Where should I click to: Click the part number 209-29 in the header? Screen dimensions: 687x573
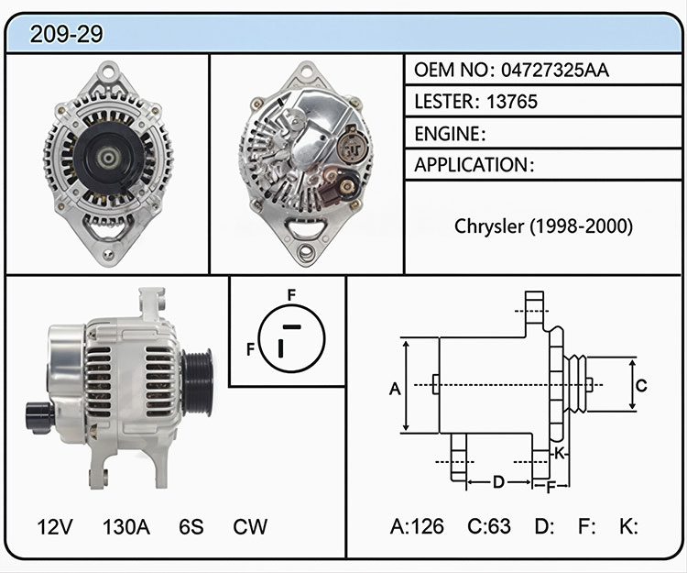point(66,34)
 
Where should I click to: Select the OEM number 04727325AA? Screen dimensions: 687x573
point(555,71)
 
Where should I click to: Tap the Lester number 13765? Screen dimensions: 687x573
point(512,102)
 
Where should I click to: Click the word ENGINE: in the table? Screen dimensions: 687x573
point(450,134)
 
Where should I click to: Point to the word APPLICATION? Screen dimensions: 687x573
point(474,165)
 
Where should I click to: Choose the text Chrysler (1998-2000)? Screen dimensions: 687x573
point(543,226)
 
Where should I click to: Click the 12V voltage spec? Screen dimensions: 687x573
point(55,526)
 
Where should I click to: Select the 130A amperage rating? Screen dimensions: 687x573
point(126,526)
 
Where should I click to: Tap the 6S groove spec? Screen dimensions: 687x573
point(191,526)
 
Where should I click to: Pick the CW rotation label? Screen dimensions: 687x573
point(250,526)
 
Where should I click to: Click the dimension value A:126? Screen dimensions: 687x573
point(417,526)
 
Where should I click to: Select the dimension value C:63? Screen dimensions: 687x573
point(489,526)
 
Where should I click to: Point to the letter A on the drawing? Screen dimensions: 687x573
point(395,389)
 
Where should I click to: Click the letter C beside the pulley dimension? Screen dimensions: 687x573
point(641,386)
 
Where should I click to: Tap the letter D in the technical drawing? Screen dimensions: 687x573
point(498,482)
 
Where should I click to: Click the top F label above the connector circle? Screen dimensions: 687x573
point(292,295)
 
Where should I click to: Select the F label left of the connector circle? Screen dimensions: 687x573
point(251,349)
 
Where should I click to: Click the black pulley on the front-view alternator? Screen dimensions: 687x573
point(108,159)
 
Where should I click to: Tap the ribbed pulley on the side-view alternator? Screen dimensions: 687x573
point(198,382)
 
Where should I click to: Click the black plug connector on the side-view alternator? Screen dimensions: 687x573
point(40,417)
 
